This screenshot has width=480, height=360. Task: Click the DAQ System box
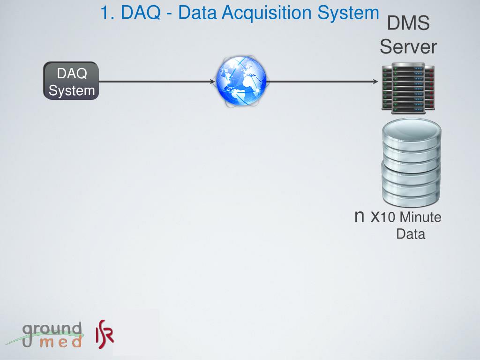[x=71, y=81]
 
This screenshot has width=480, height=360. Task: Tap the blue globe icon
[x=241, y=81]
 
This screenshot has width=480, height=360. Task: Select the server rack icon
[x=408, y=87]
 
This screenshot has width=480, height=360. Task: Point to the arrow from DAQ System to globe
[x=157, y=82]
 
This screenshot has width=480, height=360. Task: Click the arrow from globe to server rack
[x=322, y=82]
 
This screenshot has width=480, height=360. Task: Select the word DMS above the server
[x=408, y=23]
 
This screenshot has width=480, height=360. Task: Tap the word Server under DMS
[x=408, y=47]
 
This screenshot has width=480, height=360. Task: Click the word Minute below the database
[x=420, y=218]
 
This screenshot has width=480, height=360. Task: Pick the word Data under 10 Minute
[x=411, y=234]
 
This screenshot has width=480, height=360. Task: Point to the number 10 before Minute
[x=389, y=218]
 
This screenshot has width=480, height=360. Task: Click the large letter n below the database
[x=360, y=216]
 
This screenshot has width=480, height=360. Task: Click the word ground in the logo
[x=52, y=330]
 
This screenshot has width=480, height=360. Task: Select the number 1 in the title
[x=106, y=13]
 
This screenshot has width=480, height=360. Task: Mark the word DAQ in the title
[x=140, y=13]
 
